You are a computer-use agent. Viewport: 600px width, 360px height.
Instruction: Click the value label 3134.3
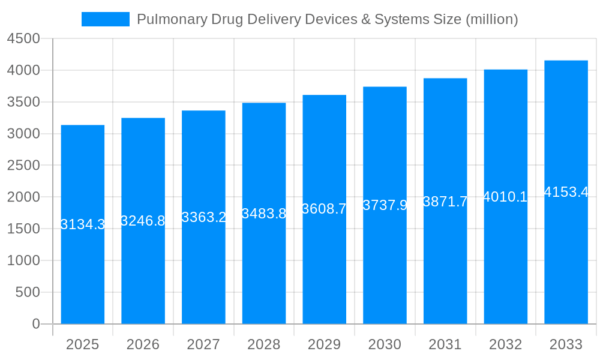click(83, 224)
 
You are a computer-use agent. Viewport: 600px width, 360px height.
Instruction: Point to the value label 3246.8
click(143, 221)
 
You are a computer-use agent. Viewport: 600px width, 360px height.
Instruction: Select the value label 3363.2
click(203, 217)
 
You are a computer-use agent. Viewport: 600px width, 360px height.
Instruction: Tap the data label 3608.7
click(324, 209)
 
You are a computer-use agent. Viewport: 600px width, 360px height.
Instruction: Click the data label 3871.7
click(445, 202)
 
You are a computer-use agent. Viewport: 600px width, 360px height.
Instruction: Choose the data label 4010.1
click(505, 197)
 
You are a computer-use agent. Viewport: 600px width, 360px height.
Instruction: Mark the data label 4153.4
click(566, 192)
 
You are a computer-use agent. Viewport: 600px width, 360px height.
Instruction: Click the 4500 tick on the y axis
click(23, 39)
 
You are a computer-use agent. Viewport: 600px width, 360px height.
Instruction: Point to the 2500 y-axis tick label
click(23, 166)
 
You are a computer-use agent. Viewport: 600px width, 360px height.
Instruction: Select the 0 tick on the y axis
click(35, 324)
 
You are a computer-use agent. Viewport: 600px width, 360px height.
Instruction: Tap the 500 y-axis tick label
click(27, 292)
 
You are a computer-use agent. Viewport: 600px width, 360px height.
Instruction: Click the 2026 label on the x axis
click(143, 344)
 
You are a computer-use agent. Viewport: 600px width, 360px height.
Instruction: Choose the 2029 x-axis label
click(324, 344)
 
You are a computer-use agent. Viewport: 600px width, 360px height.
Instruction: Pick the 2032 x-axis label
click(505, 344)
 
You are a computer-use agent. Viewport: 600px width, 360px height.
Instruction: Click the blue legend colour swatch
click(106, 19)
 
